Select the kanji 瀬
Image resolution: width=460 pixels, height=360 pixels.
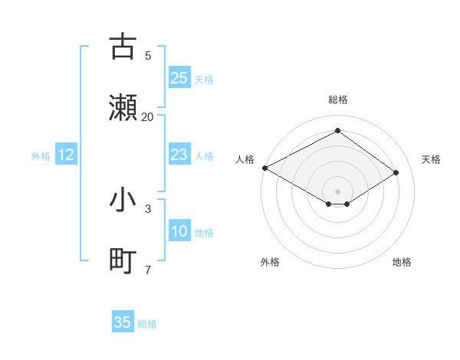click(x=123, y=106)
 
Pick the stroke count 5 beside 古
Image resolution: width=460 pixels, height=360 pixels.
click(x=148, y=55)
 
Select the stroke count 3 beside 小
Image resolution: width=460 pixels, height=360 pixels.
click(x=148, y=208)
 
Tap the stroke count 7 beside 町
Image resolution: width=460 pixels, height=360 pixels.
click(x=148, y=270)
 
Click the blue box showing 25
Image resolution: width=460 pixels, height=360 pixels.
click(x=179, y=78)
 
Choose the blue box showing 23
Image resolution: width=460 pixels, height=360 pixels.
click(x=179, y=155)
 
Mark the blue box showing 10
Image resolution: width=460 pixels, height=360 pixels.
click(x=179, y=231)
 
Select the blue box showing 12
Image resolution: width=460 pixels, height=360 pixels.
click(x=66, y=155)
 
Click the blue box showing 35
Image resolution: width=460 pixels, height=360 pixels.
click(x=123, y=322)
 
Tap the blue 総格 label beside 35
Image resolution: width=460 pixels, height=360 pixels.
click(x=147, y=324)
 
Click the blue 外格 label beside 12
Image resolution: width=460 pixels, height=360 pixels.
click(x=41, y=156)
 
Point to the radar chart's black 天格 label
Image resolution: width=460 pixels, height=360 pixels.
click(x=431, y=159)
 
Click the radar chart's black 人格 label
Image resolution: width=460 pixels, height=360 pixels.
click(x=245, y=159)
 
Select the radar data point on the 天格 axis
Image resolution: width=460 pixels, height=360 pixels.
click(x=396, y=172)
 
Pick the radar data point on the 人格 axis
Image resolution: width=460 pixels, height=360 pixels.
click(x=264, y=168)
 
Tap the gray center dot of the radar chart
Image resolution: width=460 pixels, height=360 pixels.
click(x=338, y=191)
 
